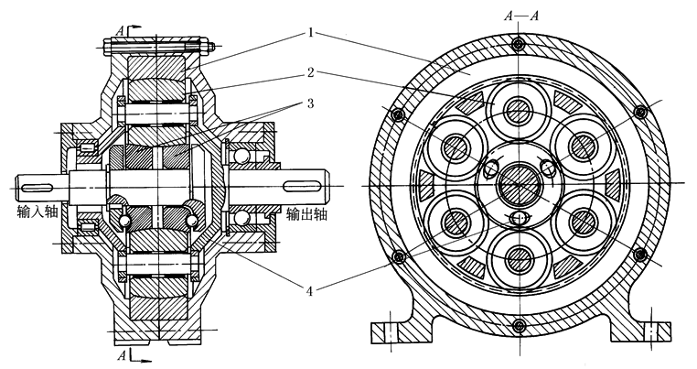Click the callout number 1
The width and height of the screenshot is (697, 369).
[311, 33]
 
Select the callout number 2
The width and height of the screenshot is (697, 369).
[311, 71]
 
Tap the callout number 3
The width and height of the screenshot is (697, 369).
[310, 103]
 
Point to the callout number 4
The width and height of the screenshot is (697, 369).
[310, 291]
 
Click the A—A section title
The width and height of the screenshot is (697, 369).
[521, 16]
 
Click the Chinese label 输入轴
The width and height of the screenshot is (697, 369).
[38, 212]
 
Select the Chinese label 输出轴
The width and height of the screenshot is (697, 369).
[307, 214]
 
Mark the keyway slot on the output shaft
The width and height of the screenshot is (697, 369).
[301, 186]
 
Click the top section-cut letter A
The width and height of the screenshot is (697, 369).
[119, 31]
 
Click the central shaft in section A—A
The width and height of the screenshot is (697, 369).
[519, 183]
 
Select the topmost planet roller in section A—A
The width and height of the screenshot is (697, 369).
[519, 109]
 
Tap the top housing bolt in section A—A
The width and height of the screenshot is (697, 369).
[517, 44]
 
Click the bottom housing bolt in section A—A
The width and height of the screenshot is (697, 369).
[519, 325]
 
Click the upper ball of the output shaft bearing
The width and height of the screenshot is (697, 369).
[242, 156]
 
